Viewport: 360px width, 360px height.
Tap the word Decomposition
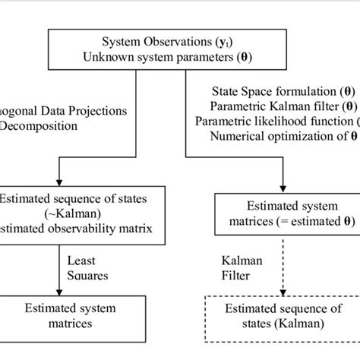(x=33, y=125)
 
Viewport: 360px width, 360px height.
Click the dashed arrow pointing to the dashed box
(x=283, y=266)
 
